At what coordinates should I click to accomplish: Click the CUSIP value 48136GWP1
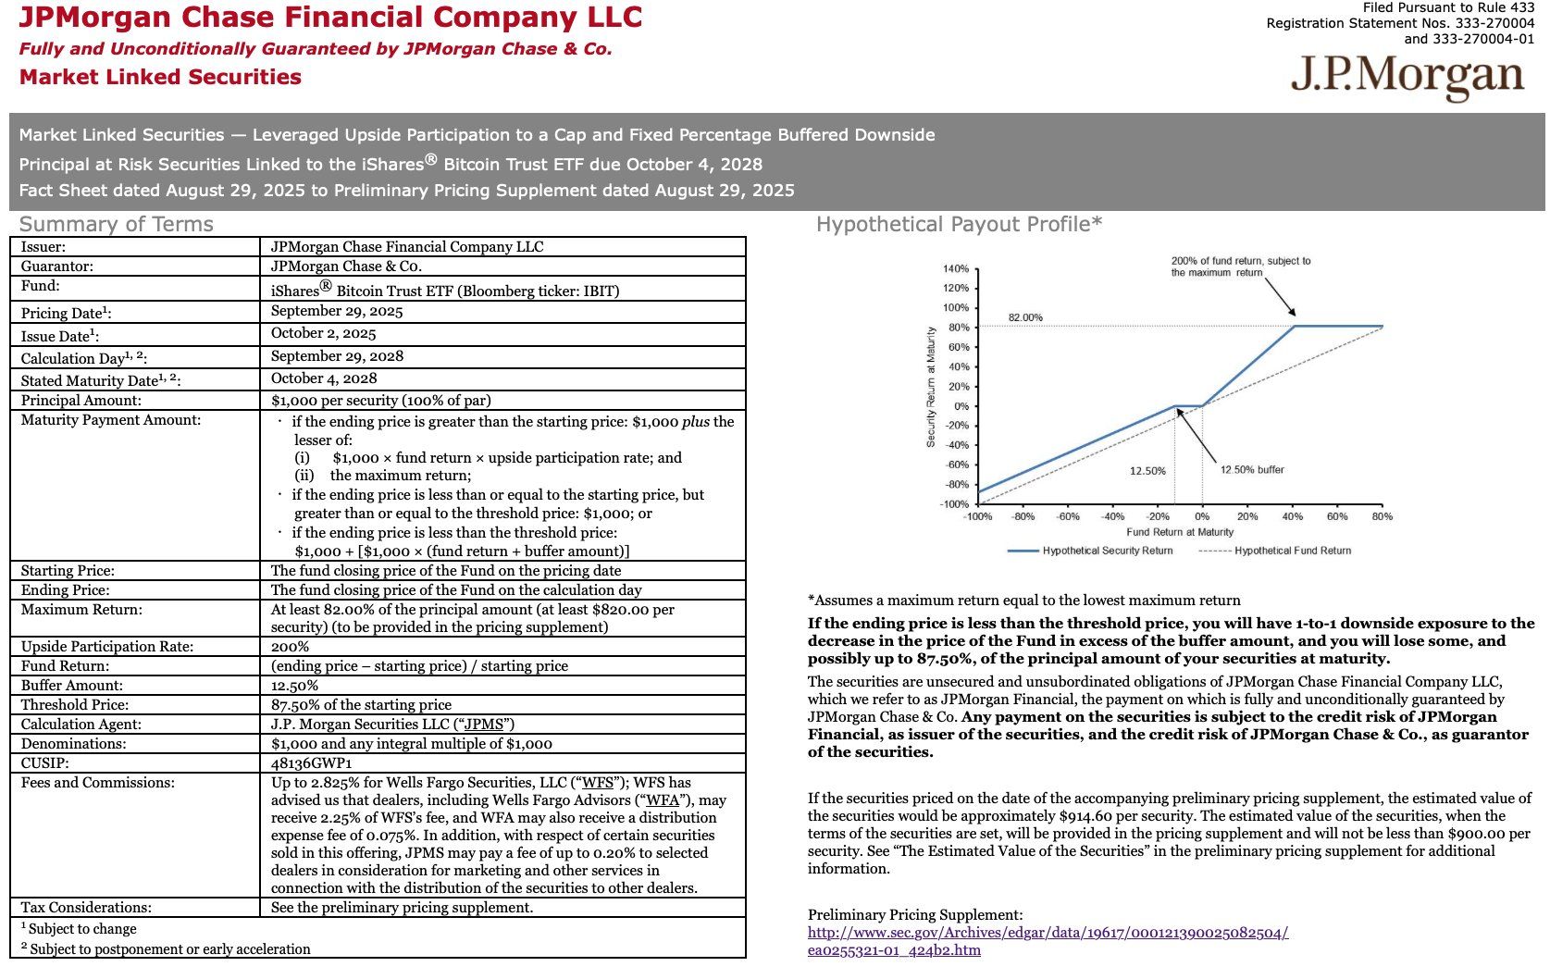[311, 763]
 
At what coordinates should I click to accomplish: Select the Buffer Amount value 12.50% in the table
[294, 686]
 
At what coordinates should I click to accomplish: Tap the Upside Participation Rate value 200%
[290, 647]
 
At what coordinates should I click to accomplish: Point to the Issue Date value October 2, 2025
[323, 334]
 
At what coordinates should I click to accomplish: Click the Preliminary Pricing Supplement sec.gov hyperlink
[1048, 933]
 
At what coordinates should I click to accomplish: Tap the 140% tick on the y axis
[955, 269]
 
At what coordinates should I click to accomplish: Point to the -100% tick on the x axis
[977, 516]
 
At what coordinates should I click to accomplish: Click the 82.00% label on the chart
[1025, 318]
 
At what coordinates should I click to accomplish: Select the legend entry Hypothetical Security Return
[1107, 551]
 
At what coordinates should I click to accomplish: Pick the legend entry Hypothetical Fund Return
[1292, 551]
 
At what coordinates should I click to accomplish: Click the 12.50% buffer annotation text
[1252, 470]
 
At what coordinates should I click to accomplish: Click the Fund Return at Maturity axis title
[1180, 532]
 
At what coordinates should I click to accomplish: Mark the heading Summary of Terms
[117, 224]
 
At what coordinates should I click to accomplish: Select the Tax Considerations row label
[86, 908]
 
